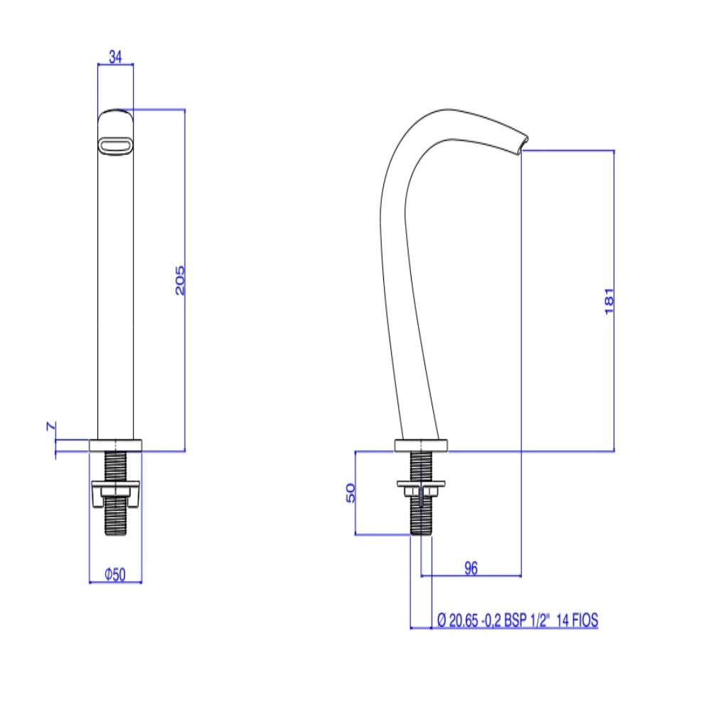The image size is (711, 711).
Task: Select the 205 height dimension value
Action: pos(180,280)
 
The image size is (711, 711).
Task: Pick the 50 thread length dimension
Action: pos(351,493)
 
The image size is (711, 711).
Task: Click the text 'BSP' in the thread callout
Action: pos(514,621)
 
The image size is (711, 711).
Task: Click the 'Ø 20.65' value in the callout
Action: pos(455,621)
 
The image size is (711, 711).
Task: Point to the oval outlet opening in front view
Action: pos(114,145)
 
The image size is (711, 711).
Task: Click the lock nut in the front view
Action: pos(115,493)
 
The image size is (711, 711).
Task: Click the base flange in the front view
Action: pos(115,445)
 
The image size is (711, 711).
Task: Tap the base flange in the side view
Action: pos(422,446)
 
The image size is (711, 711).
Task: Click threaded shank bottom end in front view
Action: pos(115,530)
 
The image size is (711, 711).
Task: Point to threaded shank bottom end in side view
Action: pos(422,530)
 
